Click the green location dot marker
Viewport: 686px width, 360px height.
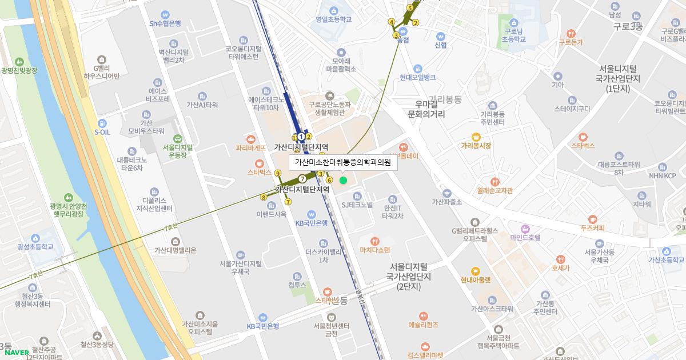click(x=343, y=180)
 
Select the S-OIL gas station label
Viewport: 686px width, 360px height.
click(x=102, y=132)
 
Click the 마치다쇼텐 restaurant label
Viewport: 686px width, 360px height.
click(x=374, y=250)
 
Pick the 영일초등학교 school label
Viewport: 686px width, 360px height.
click(x=333, y=19)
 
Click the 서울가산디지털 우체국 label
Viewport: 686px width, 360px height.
click(x=241, y=267)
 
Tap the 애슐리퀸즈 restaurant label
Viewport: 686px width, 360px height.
click(x=423, y=325)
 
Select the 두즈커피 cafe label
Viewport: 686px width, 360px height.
click(x=592, y=228)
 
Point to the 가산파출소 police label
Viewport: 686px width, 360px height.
click(x=447, y=202)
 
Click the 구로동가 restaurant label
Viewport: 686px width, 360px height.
click(x=571, y=42)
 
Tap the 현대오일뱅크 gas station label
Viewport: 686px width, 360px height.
click(x=418, y=77)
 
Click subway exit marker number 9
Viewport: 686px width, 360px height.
click(x=278, y=173)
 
